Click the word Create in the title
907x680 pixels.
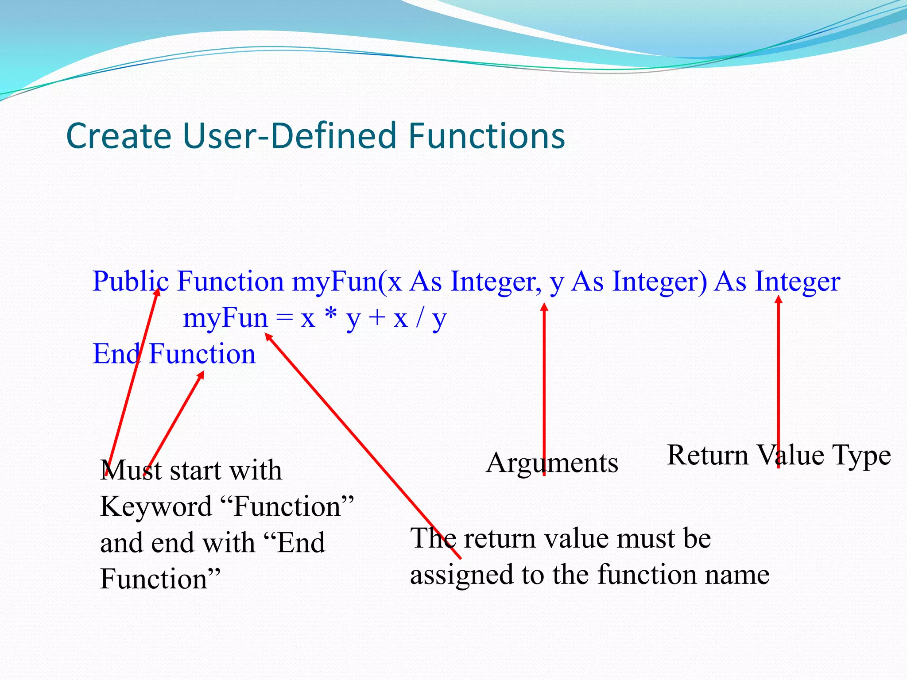tap(119, 136)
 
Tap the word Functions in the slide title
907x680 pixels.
tap(486, 136)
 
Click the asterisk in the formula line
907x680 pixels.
tap(330, 317)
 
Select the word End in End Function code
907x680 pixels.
tap(116, 354)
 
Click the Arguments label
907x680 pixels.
tap(551, 463)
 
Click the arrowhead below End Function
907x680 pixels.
tap(201, 375)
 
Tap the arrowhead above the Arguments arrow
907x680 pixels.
tap(544, 307)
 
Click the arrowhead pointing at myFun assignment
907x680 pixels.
tap(268, 337)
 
